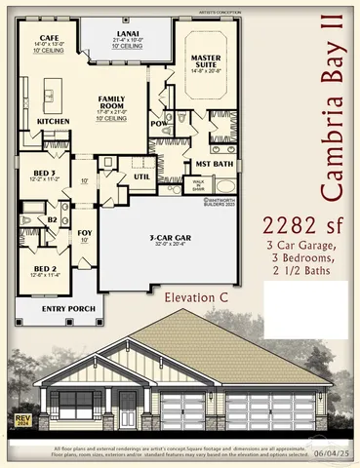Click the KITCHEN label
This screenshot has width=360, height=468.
click(x=53, y=121)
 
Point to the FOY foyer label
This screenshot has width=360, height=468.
click(x=85, y=234)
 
